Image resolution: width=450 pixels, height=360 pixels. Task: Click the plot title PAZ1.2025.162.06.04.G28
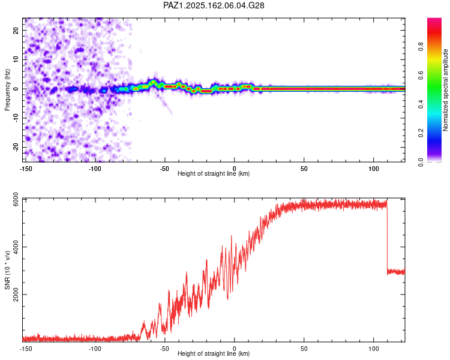click(x=214, y=5)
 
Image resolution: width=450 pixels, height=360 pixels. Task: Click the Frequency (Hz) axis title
click(x=7, y=90)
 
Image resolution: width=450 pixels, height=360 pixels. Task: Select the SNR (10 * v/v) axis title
click(x=7, y=270)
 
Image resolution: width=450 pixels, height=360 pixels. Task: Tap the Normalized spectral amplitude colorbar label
click(x=445, y=90)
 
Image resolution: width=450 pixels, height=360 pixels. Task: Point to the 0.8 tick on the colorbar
click(x=421, y=46)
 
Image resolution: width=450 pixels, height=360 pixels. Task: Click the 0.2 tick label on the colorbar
click(x=421, y=133)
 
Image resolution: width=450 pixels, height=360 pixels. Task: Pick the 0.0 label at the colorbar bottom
click(x=421, y=162)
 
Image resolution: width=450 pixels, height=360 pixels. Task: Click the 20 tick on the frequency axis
click(x=16, y=31)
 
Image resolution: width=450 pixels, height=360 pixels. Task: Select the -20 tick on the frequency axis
click(x=16, y=147)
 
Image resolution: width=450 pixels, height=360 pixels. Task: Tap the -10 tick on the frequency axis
click(x=16, y=118)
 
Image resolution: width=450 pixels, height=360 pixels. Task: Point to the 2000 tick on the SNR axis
click(x=16, y=295)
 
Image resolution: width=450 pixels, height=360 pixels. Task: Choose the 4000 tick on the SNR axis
click(x=16, y=247)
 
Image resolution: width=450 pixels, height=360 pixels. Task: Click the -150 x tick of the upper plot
click(x=26, y=169)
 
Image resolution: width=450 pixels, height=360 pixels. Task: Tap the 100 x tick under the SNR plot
click(x=374, y=349)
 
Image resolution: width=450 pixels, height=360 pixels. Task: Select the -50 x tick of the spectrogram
click(x=164, y=169)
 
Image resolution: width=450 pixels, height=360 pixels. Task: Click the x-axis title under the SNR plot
click(x=214, y=353)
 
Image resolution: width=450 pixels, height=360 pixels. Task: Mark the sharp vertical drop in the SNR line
click(x=387, y=238)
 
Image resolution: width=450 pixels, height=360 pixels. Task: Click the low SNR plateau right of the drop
click(x=396, y=272)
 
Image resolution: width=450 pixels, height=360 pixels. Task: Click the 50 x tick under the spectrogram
click(x=304, y=169)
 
